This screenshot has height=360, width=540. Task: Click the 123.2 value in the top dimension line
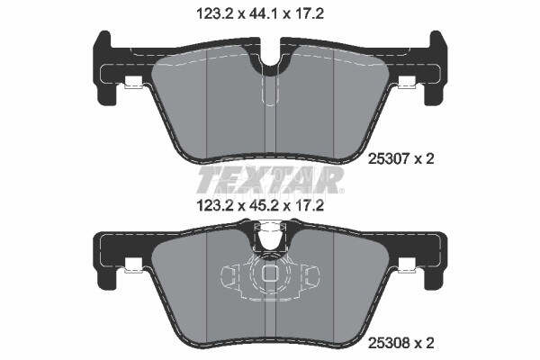[x=215, y=13]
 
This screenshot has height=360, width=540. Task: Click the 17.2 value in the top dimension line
[x=309, y=13]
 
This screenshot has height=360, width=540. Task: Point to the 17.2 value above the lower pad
[x=309, y=206]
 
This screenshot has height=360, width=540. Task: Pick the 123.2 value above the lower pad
[x=215, y=206]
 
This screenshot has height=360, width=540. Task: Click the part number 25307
[x=388, y=158]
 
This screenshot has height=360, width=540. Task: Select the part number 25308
[x=388, y=342]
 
